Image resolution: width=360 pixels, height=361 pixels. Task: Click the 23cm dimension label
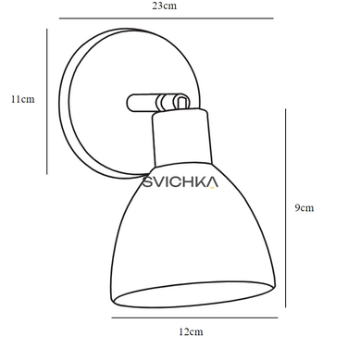tap(164, 6)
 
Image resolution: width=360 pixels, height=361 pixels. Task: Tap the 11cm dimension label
tap(23, 99)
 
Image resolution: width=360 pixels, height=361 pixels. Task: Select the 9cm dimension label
tap(304, 207)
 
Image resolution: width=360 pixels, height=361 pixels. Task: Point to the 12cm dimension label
tap(191, 332)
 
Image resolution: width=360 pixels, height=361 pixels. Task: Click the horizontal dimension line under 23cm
tap(167, 19)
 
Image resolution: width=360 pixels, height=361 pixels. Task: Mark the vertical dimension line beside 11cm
tap(47, 102)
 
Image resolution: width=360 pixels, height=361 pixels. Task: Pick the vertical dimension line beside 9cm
tap(285, 208)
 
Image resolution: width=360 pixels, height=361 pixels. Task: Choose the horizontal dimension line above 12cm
tap(194, 317)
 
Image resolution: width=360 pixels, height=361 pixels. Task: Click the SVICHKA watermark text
tap(180, 182)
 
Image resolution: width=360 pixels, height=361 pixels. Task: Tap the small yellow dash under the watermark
tap(212, 187)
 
